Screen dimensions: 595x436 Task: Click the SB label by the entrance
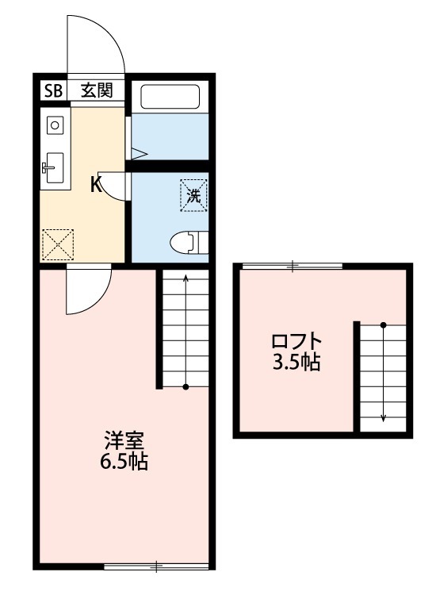52,90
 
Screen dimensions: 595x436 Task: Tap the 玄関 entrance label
96,90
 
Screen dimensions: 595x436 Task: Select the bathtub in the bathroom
169,97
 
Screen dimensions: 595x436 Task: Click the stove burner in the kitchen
54,125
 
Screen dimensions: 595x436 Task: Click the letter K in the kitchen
94,186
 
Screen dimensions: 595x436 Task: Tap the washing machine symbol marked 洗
193,194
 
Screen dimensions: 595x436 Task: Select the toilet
190,240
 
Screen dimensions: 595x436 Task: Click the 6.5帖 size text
122,462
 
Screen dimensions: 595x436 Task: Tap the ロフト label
296,343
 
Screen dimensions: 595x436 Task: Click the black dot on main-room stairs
185,387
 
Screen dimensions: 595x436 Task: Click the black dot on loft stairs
383,325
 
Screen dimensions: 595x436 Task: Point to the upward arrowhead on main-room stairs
185,278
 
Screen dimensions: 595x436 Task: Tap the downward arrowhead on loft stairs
383,417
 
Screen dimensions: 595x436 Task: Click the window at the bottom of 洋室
156,566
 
